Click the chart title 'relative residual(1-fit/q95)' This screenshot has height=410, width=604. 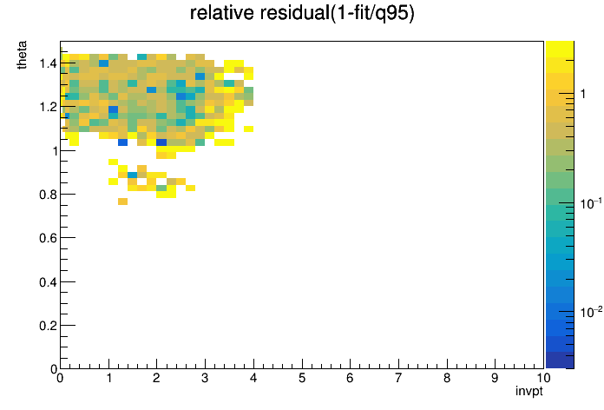[x=302, y=13]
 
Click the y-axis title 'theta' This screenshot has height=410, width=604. [x=22, y=55]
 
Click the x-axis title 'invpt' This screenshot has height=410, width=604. [x=528, y=391]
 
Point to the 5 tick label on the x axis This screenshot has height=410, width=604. [x=302, y=378]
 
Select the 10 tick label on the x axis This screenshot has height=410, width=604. [x=543, y=378]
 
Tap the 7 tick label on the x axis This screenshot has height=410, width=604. [x=398, y=378]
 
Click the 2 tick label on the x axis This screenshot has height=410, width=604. [x=156, y=378]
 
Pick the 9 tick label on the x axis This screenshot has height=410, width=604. [x=495, y=378]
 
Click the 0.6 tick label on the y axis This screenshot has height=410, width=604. [x=48, y=238]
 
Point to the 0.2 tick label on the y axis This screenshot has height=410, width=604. [x=48, y=326]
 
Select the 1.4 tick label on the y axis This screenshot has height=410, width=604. [x=48, y=63]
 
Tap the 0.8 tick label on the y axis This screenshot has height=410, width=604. [x=48, y=195]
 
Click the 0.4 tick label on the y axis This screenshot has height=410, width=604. [x=48, y=282]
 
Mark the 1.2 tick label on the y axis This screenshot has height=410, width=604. [x=48, y=107]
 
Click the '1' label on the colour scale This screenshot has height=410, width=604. [x=583, y=94]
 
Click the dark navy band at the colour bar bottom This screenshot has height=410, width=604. [x=560, y=360]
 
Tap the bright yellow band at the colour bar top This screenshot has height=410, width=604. [x=560, y=49]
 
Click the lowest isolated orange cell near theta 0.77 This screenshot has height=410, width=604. [x=123, y=202]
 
